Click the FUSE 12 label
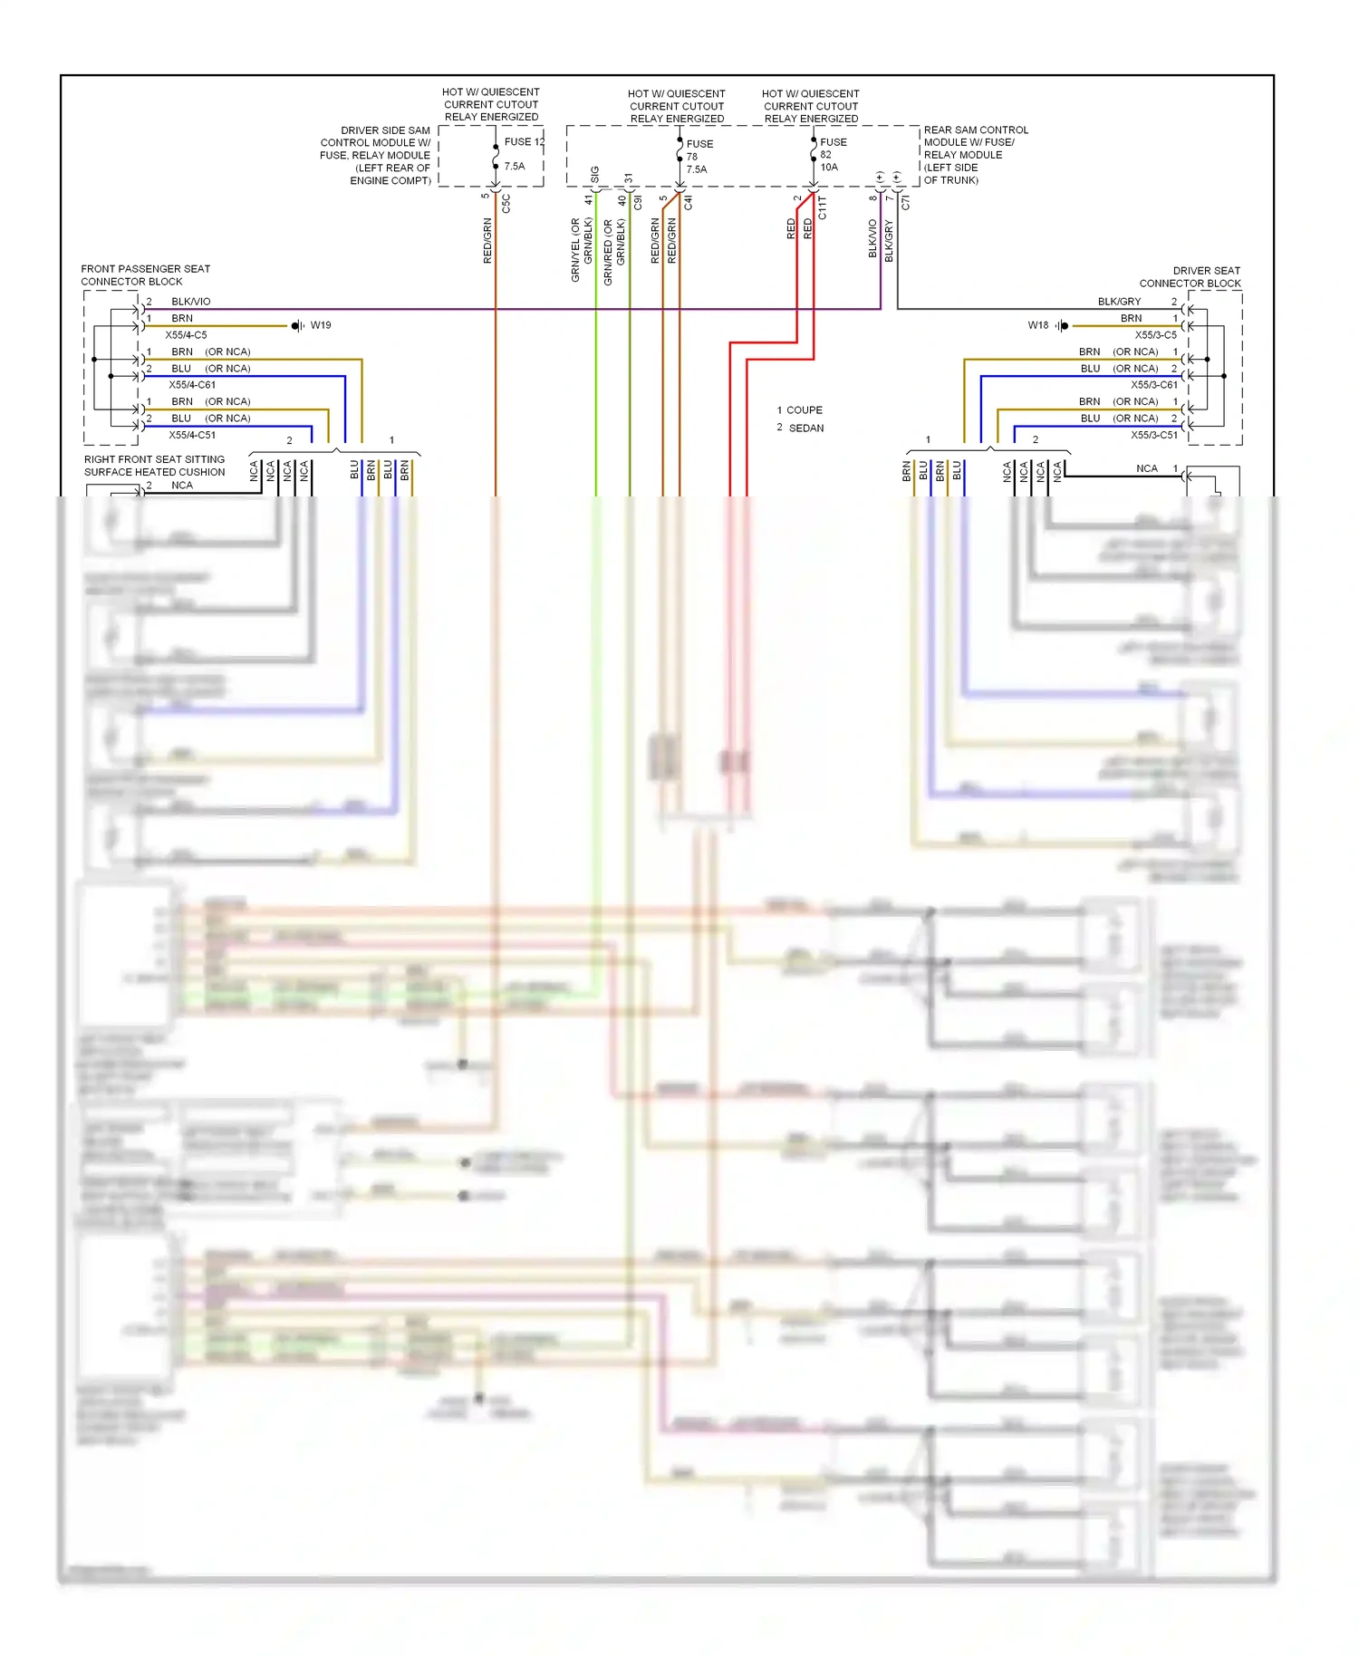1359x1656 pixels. (x=524, y=142)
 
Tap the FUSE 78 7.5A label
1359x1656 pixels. (x=699, y=157)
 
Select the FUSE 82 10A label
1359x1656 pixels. (x=832, y=155)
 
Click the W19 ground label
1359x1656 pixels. (x=321, y=325)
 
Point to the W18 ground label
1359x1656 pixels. (x=1037, y=325)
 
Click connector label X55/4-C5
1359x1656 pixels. (x=186, y=335)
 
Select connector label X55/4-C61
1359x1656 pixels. (x=192, y=385)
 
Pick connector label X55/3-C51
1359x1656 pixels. (x=1153, y=435)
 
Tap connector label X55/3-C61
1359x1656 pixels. (x=1153, y=385)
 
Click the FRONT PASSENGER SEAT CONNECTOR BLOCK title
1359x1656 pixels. (x=145, y=275)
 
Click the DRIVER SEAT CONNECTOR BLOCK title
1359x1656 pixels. (x=1190, y=277)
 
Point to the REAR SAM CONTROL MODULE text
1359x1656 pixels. (x=975, y=155)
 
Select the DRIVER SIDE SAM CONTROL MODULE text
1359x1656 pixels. (x=376, y=156)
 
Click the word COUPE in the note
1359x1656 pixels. (x=805, y=410)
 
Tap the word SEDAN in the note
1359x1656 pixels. (x=806, y=428)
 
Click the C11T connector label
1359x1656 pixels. (x=823, y=208)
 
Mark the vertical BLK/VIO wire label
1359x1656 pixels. (x=872, y=238)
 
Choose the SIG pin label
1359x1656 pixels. (x=595, y=173)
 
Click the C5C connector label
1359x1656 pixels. (x=506, y=204)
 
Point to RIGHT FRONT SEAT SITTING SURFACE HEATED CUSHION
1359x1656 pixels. (x=154, y=466)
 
